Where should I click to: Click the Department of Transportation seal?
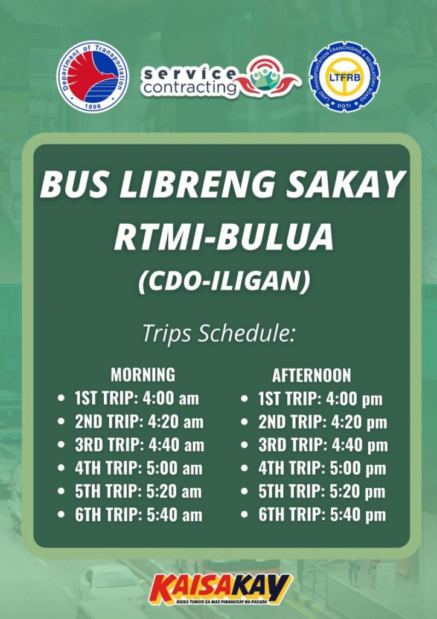[x=92, y=76]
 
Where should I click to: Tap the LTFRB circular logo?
[x=345, y=76]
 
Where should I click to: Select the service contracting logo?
[x=221, y=77]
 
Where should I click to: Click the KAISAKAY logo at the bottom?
[x=221, y=589]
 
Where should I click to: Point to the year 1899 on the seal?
[x=92, y=106]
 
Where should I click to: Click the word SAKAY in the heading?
[x=345, y=184]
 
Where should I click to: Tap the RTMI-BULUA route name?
[x=224, y=238]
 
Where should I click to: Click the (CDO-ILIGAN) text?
[x=224, y=282]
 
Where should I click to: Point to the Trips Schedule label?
[x=219, y=333]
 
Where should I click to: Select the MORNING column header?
[x=142, y=374]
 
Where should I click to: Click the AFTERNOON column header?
[x=311, y=375]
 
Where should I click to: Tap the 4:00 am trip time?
[x=171, y=398]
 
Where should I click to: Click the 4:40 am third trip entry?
[x=139, y=445]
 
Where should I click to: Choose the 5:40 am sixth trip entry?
[x=138, y=515]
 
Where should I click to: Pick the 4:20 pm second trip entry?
[x=323, y=423]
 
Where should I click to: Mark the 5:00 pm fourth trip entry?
[x=322, y=468]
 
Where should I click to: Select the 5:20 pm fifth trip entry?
[x=322, y=492]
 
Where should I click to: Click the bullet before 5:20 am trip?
[x=61, y=491]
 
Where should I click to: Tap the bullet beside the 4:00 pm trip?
[x=244, y=399]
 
